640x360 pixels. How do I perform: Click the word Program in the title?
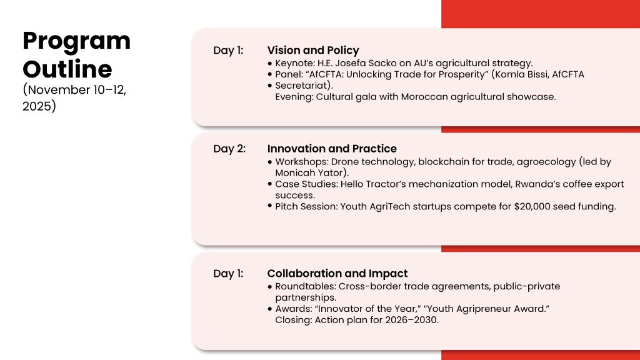coord(77,42)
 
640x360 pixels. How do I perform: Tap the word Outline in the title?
coord(67,69)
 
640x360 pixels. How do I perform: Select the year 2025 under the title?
coord(37,106)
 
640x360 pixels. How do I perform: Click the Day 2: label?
coord(229,149)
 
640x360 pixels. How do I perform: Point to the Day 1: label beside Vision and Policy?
coord(228,50)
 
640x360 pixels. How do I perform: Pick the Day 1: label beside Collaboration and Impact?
coord(228,274)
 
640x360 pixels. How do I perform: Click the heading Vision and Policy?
coord(313,50)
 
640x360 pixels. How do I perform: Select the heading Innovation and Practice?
coord(332,149)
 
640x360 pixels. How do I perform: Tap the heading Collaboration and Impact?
coord(337,274)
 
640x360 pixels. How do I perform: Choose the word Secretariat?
coord(302,85)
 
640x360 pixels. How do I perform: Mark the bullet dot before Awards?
coord(270,309)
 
